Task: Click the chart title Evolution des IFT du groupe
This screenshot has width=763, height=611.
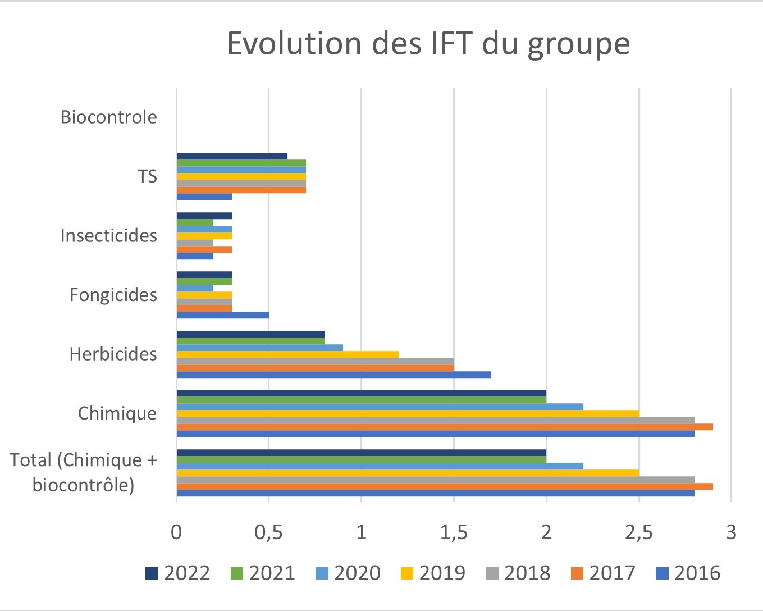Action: pyautogui.click(x=428, y=44)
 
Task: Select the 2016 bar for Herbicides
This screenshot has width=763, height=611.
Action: pyautogui.click(x=333, y=375)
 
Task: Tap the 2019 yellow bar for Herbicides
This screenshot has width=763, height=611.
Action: pyautogui.click(x=287, y=354)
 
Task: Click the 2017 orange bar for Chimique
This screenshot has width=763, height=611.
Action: pyautogui.click(x=445, y=427)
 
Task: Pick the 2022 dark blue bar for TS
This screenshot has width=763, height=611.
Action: pyautogui.click(x=232, y=156)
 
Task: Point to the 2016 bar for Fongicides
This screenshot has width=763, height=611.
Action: pyautogui.click(x=223, y=315)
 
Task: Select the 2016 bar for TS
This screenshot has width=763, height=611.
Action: pyautogui.click(x=204, y=197)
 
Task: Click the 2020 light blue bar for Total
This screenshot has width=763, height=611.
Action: pyautogui.click(x=380, y=466)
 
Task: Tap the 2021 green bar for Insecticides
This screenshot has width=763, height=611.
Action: pyautogui.click(x=195, y=222)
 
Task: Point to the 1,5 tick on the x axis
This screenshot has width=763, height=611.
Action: pyautogui.click(x=454, y=532)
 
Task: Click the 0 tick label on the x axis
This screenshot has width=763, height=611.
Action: pyautogui.click(x=176, y=532)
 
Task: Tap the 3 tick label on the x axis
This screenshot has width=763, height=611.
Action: pyautogui.click(x=730, y=532)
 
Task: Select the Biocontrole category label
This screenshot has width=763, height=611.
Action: pyautogui.click(x=108, y=117)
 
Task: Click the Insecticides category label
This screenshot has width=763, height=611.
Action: pyautogui.click(x=108, y=235)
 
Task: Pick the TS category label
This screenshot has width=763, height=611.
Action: pyautogui.click(x=147, y=176)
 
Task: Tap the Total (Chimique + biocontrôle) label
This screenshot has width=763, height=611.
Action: pyautogui.click(x=83, y=472)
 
